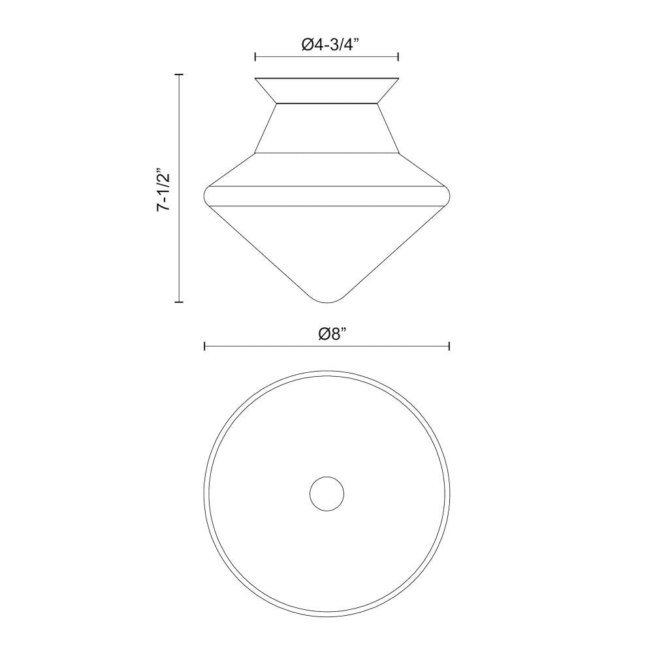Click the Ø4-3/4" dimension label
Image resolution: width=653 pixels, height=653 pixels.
click(x=331, y=44)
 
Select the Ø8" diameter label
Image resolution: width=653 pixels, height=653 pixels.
click(x=331, y=334)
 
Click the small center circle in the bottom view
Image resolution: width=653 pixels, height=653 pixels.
click(x=327, y=494)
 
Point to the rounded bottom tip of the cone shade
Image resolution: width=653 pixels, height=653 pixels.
click(x=327, y=300)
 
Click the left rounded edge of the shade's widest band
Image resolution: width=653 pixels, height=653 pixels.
click(x=208, y=195)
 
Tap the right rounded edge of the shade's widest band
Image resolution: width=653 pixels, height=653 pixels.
click(x=447, y=195)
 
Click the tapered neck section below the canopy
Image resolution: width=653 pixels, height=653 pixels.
click(x=326, y=128)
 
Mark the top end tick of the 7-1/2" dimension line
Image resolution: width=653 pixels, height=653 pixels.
click(x=179, y=75)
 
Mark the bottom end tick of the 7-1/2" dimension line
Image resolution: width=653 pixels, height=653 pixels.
click(x=179, y=302)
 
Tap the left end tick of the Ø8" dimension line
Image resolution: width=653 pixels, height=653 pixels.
click(x=205, y=346)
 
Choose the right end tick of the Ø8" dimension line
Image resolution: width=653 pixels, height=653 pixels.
click(x=449, y=346)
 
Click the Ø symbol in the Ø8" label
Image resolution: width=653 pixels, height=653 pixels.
click(x=323, y=334)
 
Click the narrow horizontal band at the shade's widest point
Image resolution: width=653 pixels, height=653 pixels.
click(x=326, y=195)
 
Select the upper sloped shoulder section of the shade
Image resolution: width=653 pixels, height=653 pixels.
click(x=326, y=169)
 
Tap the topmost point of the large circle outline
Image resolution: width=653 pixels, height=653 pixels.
click(x=327, y=371)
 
